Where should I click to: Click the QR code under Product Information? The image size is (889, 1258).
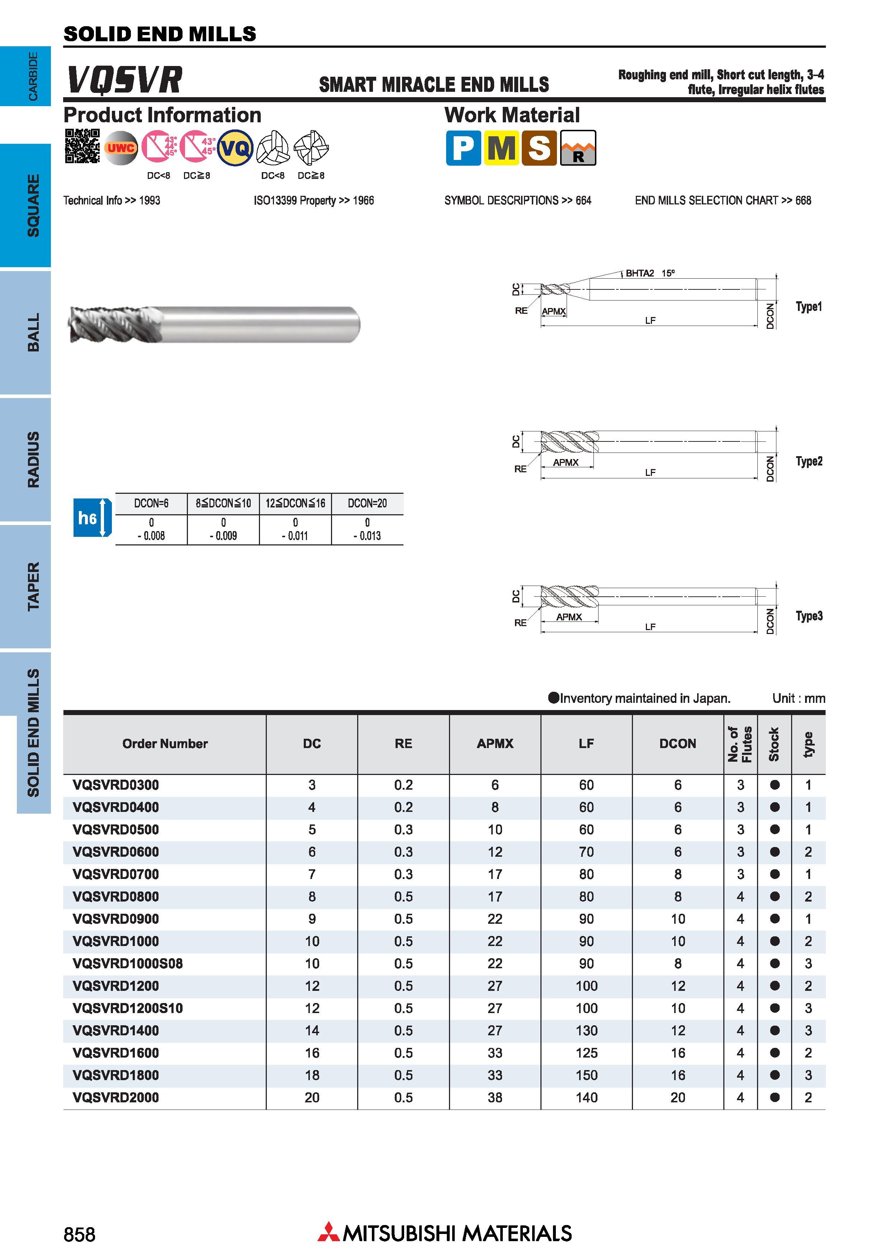[x=82, y=146]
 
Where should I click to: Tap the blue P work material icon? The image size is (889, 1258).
[x=463, y=148]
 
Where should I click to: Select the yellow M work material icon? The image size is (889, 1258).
[x=501, y=148]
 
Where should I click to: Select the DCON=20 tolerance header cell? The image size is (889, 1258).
[x=367, y=503]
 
